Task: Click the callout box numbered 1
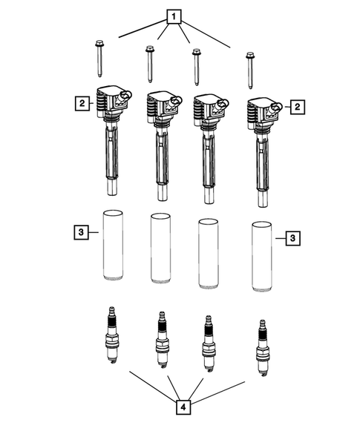[174, 16]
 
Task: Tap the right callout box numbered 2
[298, 108]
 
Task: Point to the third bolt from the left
[197, 67]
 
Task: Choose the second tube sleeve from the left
[160, 249]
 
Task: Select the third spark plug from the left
[209, 346]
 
